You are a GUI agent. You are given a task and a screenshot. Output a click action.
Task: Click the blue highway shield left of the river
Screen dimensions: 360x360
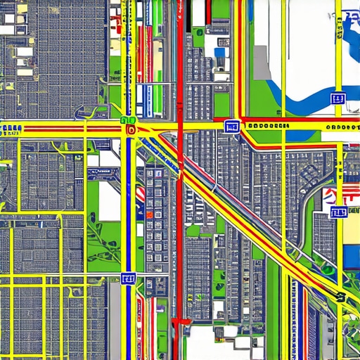pos(231,126)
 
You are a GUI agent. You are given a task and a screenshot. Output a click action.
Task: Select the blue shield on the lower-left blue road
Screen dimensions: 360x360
pos(128,279)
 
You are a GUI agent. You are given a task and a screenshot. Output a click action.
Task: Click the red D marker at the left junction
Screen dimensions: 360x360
pos(130,130)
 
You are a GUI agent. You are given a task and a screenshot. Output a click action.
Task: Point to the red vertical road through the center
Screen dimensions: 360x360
pos(181,211)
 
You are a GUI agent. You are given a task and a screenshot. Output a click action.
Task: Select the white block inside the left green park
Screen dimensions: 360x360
pos(108,200)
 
